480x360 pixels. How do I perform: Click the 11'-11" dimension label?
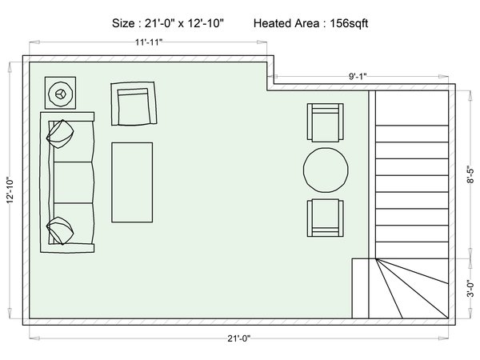149,42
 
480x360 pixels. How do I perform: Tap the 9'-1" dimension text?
358,76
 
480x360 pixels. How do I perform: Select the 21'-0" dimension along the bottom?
238,338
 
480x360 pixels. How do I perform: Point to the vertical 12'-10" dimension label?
10,190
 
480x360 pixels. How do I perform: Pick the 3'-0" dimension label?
470,289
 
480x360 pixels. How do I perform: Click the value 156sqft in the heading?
349,23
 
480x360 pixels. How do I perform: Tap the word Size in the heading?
122,23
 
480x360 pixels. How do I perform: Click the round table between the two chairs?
326,170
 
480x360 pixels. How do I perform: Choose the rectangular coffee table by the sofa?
132,182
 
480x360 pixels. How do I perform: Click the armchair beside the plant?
134,103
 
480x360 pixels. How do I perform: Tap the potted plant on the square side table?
60,94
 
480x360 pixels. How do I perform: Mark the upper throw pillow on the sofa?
60,134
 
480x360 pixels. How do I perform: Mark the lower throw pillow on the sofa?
60,231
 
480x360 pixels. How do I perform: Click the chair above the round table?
326,122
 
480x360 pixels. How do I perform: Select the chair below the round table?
326,218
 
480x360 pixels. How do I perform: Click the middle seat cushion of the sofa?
74,182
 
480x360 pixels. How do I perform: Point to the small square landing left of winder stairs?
360,288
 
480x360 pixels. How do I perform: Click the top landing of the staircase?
412,108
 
